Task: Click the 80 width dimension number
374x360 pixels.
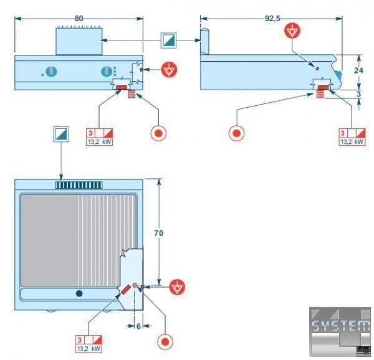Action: tap(79, 19)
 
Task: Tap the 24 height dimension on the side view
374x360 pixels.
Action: tap(358, 70)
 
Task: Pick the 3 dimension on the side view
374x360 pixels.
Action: tap(358, 93)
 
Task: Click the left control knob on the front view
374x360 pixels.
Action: tap(52, 72)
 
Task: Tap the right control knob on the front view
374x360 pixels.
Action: tap(105, 72)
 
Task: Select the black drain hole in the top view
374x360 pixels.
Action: tap(79, 293)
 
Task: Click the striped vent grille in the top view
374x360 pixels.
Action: tap(79, 185)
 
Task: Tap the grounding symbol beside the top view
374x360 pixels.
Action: tap(178, 287)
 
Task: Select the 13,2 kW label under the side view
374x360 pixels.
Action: tap(351, 141)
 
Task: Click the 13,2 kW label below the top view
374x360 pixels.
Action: tap(88, 348)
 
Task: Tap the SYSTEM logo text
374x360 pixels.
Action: tap(340, 325)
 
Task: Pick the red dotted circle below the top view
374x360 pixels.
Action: tap(165, 342)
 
